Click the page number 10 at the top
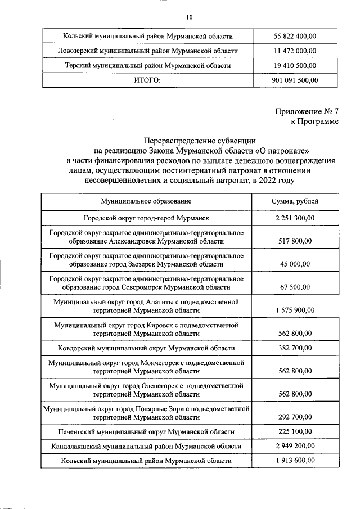(x=190, y=17)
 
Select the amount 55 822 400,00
(x=295, y=37)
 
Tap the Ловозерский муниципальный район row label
(x=148, y=51)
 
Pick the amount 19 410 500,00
(x=295, y=66)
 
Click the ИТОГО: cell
(x=147, y=80)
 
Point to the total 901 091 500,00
(x=295, y=80)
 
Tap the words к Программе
(x=315, y=121)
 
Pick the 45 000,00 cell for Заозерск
(x=295, y=264)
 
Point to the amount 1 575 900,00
(x=295, y=310)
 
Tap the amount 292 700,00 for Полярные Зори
(x=295, y=417)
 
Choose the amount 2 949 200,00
(x=295, y=446)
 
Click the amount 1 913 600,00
(x=295, y=460)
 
